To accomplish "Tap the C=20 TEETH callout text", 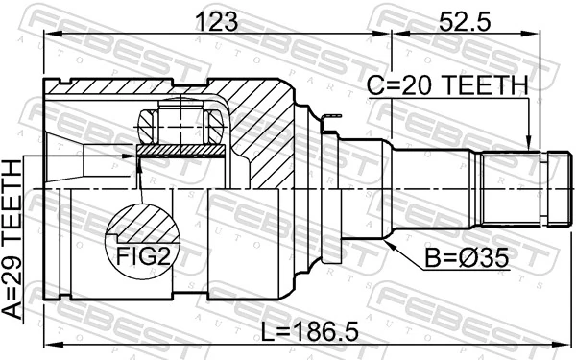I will pos(448,86).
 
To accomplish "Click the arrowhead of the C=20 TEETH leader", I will pos(528,146).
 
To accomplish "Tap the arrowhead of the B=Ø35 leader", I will pos(388,238).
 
